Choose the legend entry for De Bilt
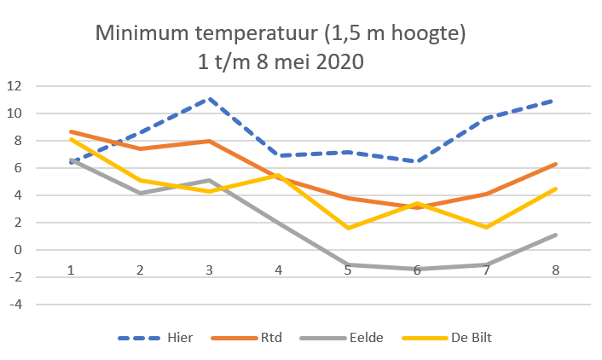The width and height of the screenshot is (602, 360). coord(470,338)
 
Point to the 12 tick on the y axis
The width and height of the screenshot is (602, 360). coord(14,86)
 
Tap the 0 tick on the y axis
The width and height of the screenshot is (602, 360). coord(17,250)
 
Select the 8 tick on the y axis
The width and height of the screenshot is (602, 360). coord(17,141)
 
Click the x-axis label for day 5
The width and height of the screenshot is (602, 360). coord(347,270)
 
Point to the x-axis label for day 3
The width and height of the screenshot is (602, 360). coord(209,270)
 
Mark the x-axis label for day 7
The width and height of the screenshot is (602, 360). coord(484,270)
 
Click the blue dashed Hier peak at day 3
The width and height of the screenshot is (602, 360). coord(209,98)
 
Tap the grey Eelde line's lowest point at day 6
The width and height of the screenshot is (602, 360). coord(416,269)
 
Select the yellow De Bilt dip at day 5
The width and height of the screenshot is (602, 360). coord(347,228)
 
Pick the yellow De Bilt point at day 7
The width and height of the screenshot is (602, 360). coord(484,227)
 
